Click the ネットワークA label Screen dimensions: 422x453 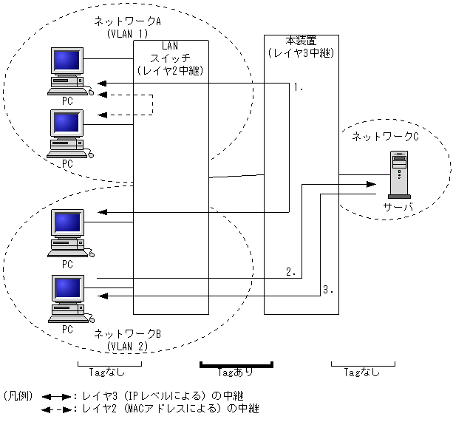127,23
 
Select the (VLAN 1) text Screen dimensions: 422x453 128,34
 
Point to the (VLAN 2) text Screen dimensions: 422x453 128,346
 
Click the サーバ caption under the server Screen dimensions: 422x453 398,207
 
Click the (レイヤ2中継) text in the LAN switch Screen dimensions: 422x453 171,69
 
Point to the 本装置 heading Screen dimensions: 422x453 301,40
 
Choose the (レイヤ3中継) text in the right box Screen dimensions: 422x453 301,52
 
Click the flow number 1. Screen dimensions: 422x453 299,87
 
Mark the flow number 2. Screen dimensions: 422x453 291,273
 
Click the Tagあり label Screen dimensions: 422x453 236,373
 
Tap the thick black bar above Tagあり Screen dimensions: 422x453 236,363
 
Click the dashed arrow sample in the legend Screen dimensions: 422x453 55,409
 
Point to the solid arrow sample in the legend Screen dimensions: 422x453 55,397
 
